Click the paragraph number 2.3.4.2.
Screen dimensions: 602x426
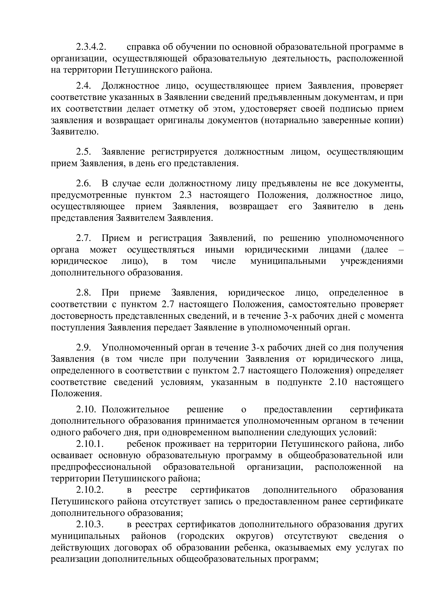pyautogui.click(x=91, y=47)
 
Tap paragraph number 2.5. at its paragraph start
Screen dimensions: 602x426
pyautogui.click(x=83, y=152)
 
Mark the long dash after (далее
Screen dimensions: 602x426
pyautogui.click(x=400, y=249)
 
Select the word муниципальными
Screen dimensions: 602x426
pyautogui.click(x=288, y=261)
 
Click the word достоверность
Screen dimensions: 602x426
pyautogui.click(x=80, y=316)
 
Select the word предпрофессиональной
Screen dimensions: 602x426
pyautogui.click(x=101, y=467)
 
